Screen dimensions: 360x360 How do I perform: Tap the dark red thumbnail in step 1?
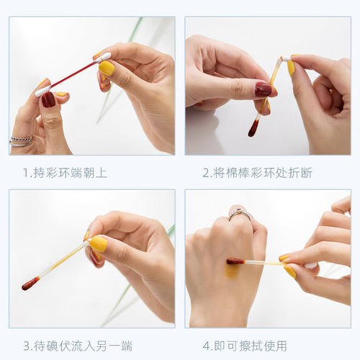[48, 99]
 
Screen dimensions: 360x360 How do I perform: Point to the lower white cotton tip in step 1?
[42, 91]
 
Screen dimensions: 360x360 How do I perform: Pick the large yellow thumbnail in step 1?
[107, 68]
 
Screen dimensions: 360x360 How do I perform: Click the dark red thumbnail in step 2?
[263, 89]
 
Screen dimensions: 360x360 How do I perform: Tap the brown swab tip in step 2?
[253, 130]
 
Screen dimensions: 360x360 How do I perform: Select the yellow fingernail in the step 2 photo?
[291, 68]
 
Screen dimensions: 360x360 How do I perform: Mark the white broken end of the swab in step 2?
[286, 58]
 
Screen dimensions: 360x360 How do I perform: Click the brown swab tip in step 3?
[30, 283]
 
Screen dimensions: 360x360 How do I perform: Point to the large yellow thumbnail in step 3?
[98, 244]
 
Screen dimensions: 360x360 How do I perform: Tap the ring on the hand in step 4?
[240, 213]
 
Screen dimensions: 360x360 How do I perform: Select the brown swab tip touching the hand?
[235, 261]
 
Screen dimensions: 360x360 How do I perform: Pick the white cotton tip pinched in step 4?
[310, 266]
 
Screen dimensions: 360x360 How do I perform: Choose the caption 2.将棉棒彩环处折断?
[257, 173]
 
